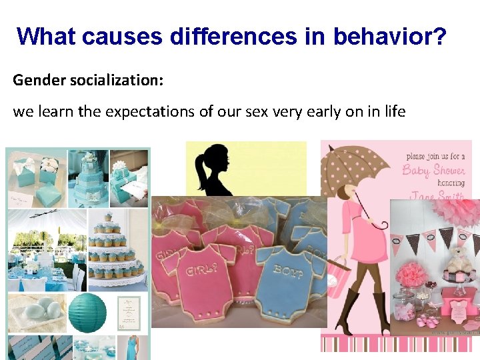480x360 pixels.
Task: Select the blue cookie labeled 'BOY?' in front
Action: click(x=281, y=280)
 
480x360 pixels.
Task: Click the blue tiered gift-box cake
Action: click(x=87, y=175)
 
